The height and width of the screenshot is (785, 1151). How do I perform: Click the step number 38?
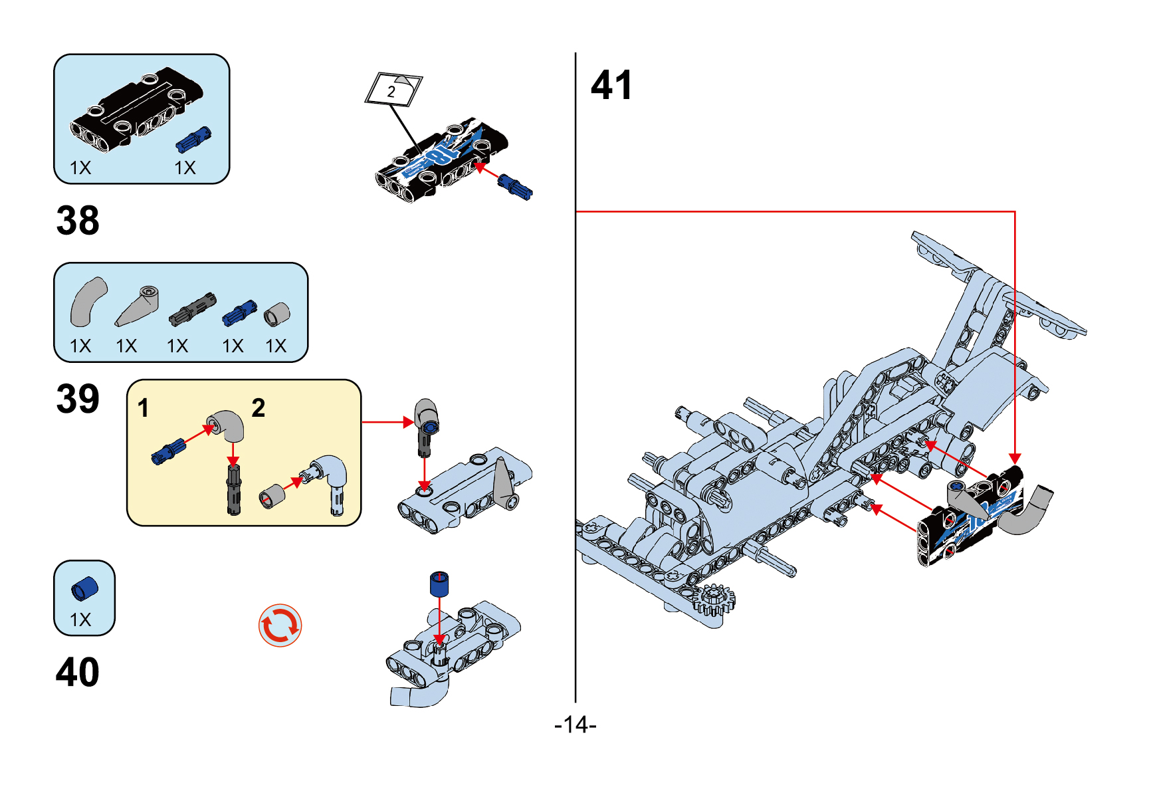click(x=78, y=221)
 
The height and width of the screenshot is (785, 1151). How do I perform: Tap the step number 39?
click(x=78, y=399)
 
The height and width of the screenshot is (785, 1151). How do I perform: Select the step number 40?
click(x=78, y=672)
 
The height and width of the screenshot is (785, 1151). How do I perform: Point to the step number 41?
click(x=611, y=85)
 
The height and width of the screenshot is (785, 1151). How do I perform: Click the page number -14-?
click(x=575, y=725)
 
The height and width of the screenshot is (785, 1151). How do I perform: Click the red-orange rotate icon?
click(x=280, y=625)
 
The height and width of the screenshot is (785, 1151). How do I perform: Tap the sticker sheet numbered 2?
click(x=393, y=89)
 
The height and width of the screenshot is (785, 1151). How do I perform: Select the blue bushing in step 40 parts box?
click(x=84, y=589)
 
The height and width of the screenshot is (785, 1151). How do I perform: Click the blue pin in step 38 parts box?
click(x=193, y=140)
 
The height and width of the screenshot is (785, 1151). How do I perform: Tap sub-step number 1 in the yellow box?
click(x=143, y=409)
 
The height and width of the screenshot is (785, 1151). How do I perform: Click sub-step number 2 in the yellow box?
click(x=258, y=408)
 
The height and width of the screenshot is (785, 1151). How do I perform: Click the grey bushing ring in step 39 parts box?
click(x=276, y=314)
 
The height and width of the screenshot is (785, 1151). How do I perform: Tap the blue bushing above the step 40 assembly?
click(x=439, y=584)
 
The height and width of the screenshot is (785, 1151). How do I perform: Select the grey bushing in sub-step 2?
click(x=271, y=496)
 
